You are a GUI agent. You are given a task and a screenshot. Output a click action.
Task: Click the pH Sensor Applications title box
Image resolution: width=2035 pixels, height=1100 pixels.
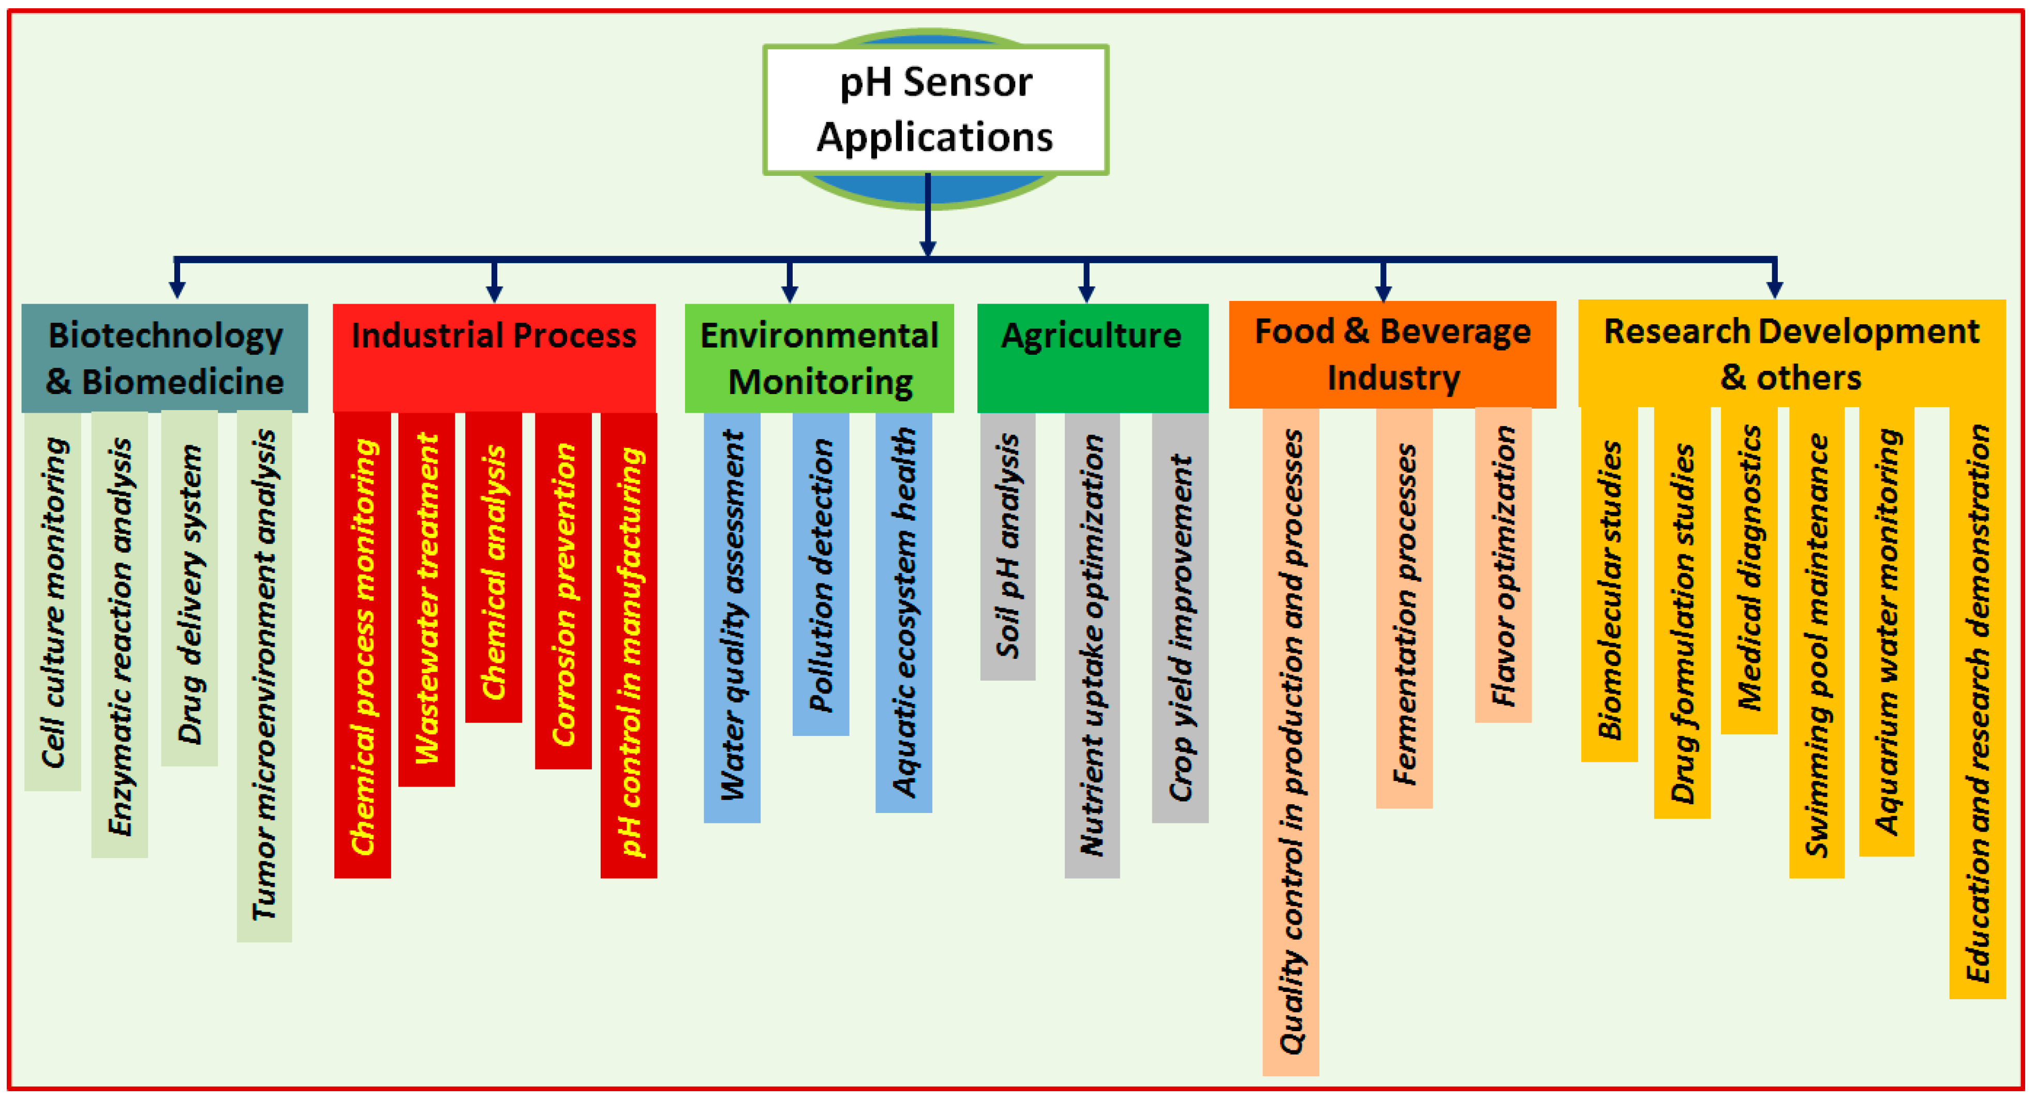(x=935, y=110)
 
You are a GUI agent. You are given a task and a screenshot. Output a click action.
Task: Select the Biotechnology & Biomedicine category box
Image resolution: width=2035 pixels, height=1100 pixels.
(x=165, y=358)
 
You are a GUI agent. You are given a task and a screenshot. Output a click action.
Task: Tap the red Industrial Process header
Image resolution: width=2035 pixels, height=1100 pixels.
(x=494, y=358)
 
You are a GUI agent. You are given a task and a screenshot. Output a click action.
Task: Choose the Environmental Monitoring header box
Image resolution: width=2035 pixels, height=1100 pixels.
(x=819, y=358)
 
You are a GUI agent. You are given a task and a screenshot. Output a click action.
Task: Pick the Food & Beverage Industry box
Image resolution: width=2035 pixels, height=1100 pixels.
(x=1392, y=355)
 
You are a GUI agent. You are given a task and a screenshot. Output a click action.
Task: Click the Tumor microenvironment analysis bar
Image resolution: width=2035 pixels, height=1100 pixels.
(x=264, y=675)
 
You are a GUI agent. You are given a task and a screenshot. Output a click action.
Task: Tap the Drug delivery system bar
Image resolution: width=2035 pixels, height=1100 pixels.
(x=189, y=589)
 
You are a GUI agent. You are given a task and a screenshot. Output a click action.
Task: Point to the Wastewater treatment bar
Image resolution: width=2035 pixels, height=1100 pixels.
(x=426, y=598)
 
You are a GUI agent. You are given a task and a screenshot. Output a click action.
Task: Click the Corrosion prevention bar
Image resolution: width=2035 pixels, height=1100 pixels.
(x=563, y=591)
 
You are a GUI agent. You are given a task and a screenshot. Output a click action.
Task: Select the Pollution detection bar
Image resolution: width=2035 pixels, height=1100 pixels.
(x=821, y=574)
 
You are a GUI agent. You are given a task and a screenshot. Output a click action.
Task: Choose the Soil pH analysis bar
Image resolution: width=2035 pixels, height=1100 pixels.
(x=1007, y=546)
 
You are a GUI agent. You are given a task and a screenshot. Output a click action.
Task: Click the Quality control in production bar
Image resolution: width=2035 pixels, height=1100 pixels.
(x=1290, y=742)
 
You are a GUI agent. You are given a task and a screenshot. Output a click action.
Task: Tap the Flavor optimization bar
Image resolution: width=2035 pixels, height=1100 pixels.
(x=1503, y=565)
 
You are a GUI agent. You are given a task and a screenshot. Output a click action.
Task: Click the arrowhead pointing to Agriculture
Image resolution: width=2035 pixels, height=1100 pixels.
(x=1086, y=294)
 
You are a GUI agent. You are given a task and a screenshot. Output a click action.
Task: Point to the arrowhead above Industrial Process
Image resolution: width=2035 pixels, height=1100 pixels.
(x=495, y=294)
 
